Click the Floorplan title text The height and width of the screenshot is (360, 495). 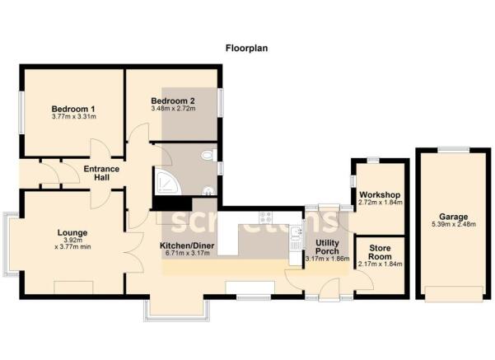tap(246, 49)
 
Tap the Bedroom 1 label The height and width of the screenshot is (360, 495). tap(73, 110)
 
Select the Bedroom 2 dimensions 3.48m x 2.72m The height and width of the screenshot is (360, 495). tap(172, 109)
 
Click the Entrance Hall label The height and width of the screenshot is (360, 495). tap(102, 174)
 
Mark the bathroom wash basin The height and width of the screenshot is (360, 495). tap(208, 191)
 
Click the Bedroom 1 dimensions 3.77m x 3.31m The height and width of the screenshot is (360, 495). tap(73, 119)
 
